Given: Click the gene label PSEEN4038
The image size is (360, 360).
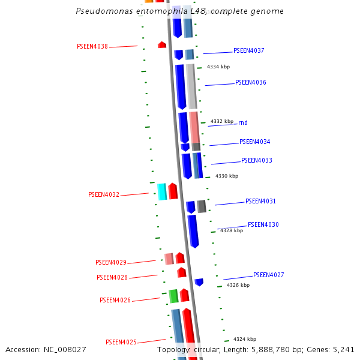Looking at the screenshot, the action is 92,46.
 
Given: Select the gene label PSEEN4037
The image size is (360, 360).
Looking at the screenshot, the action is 248,51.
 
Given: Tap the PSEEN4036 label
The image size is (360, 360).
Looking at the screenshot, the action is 250,83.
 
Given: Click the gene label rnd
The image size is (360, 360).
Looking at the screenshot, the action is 243,123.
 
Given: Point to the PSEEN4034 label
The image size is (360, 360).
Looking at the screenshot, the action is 254,142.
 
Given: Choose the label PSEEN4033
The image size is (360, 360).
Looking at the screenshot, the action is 256,161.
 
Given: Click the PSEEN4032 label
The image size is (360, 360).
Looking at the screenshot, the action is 103,195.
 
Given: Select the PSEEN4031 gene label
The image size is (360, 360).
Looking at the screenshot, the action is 260,202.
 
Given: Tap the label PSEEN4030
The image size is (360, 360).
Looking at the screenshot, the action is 263,225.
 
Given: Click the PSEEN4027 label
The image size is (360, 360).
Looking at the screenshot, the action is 268,275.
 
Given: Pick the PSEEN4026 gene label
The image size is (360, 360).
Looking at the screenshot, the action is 115,301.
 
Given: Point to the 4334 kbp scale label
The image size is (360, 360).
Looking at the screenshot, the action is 218,67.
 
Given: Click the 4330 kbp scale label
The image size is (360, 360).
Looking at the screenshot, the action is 227,176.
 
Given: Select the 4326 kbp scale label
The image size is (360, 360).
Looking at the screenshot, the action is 238,285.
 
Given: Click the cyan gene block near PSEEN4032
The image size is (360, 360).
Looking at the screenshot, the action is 162,191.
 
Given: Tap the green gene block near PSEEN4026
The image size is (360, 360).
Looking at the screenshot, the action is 173,296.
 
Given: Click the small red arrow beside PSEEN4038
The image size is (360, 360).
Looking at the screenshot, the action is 162,44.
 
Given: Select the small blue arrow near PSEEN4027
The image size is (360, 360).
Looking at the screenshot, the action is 199,281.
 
